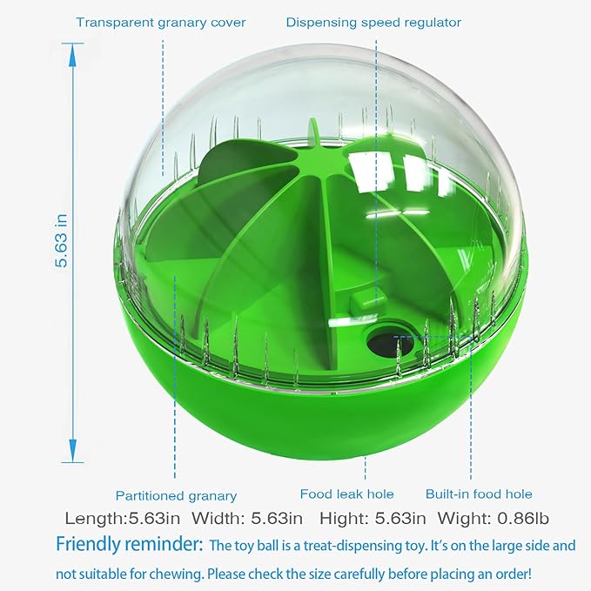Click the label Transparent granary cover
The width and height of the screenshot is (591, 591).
coord(160,23)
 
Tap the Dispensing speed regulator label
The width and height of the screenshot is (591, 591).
coord(373,23)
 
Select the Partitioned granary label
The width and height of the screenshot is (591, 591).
coord(176,495)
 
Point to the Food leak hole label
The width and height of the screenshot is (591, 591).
coord(346,494)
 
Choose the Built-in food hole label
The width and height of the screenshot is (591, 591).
coord(479,494)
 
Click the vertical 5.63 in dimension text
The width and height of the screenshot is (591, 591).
coord(61,241)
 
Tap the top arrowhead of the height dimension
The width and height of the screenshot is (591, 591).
coord(73,56)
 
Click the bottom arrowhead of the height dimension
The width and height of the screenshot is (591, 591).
coord(73,450)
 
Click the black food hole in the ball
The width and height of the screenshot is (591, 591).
coord(390,343)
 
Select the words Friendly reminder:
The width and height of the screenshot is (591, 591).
coord(130,544)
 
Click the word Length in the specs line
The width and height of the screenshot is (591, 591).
coord(94,519)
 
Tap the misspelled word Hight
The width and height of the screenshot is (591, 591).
coord(343,519)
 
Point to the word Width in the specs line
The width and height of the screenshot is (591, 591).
coord(218,518)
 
